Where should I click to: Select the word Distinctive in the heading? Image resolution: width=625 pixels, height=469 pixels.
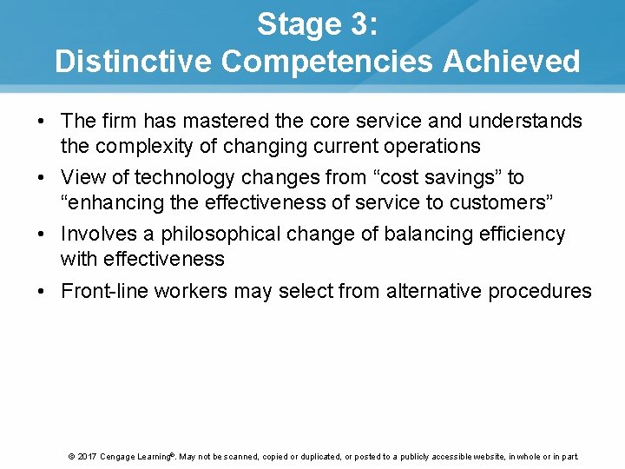(133, 62)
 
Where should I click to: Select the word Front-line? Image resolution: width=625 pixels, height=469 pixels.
(99, 291)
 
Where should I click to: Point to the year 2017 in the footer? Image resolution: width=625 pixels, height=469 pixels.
(86, 456)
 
